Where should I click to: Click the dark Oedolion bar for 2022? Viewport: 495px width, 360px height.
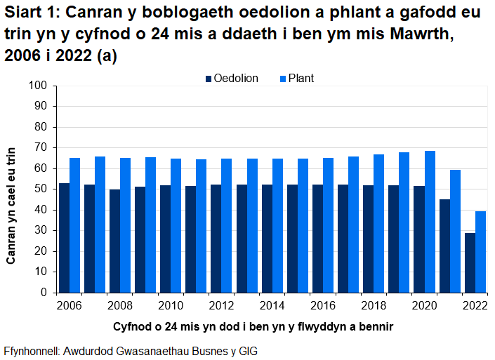(470, 262)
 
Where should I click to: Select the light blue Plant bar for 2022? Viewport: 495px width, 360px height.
(480, 252)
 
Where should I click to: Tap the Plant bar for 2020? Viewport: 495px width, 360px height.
(430, 222)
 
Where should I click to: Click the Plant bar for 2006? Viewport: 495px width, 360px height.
(74, 225)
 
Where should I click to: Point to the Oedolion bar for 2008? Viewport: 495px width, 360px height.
(114, 241)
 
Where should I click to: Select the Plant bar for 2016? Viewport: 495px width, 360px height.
(328, 225)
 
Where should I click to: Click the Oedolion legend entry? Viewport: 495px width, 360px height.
(231, 79)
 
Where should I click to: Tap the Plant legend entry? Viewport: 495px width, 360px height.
(294, 79)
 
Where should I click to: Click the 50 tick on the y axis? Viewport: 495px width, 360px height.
(40, 189)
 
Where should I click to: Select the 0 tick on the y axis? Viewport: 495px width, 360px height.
(43, 293)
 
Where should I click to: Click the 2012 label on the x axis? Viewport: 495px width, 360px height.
(221, 306)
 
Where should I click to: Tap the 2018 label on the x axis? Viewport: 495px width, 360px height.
(374, 306)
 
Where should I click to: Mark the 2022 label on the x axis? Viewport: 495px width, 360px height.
(475, 306)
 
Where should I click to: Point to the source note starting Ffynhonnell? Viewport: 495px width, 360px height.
(131, 350)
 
